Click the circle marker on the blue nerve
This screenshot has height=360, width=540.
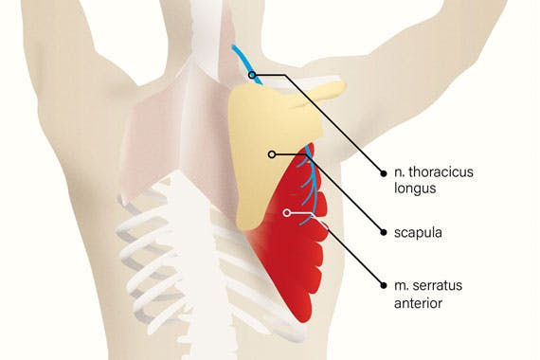(251, 73)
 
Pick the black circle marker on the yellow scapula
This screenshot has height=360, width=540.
(271, 153)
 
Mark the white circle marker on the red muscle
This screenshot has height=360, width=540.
(288, 213)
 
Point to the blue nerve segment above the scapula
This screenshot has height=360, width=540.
(241, 58)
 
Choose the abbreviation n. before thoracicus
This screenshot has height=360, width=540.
(399, 173)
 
